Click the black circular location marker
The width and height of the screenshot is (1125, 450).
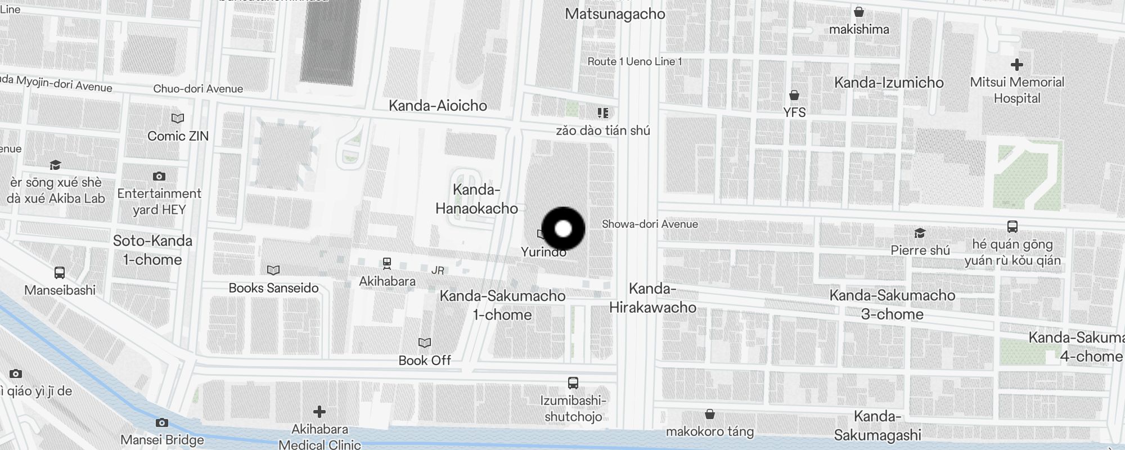pos(563,229)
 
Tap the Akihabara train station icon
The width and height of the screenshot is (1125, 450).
pos(387,263)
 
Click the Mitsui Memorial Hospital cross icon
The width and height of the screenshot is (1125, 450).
pos(1016,65)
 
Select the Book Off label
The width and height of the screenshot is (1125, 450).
pos(425,360)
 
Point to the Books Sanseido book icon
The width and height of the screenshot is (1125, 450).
pos(273,271)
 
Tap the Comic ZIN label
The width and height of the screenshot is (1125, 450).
pos(178,136)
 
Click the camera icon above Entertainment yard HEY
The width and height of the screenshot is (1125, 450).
pos(159,177)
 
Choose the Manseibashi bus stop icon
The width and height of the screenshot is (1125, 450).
pos(60,273)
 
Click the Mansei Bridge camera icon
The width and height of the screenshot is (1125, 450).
pos(161,422)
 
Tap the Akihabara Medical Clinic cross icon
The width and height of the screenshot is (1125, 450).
pos(319,412)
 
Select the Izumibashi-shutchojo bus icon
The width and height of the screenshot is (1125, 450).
pos(573,383)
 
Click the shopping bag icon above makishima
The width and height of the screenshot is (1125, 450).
pos(859,12)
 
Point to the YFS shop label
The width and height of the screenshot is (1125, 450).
pos(794,112)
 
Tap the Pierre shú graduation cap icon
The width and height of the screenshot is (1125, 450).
pos(920,233)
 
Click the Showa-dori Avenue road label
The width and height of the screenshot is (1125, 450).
pos(650,224)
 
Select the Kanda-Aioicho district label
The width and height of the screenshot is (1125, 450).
pos(438,105)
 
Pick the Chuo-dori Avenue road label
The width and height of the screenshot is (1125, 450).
pos(198,89)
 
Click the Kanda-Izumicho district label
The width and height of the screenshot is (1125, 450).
pos(889,83)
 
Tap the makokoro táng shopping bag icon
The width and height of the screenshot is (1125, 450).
pos(710,415)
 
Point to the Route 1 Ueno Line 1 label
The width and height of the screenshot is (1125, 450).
pos(634,61)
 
